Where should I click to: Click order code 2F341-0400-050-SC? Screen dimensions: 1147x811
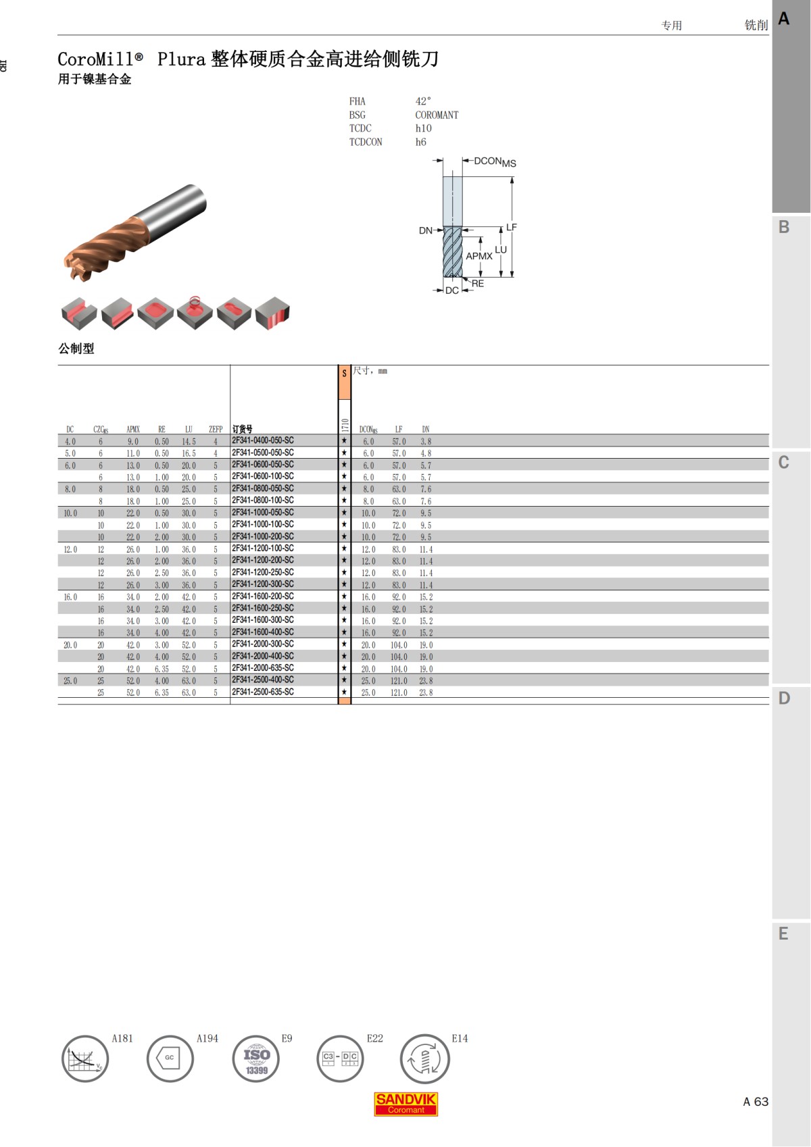point(263,440)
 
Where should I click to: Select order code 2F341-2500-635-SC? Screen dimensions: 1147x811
point(263,692)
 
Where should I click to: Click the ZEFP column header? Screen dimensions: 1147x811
point(216,429)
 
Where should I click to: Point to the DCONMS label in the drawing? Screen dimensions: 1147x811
point(495,161)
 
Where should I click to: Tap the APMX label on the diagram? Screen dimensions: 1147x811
point(478,256)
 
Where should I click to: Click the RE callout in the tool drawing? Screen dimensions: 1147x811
point(478,284)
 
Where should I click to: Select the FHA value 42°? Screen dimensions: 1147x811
point(423,101)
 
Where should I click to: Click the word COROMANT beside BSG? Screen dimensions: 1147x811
point(437,115)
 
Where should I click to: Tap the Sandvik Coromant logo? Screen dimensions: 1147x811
point(405,1104)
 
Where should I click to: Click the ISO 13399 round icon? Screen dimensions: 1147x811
point(256,1059)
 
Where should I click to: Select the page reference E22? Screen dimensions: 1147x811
point(374,1038)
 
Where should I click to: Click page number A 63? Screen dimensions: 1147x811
point(756,1102)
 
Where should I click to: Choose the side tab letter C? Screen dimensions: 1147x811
point(783,463)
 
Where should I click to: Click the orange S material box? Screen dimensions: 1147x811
point(344,382)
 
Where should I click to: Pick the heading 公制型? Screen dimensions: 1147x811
point(76,349)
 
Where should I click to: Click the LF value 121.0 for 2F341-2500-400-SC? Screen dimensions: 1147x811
point(399,681)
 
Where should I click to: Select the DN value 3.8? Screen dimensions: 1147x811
point(426,441)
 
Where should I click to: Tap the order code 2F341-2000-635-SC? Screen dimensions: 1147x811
point(263,668)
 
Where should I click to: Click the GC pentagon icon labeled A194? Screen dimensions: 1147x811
point(170,1058)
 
